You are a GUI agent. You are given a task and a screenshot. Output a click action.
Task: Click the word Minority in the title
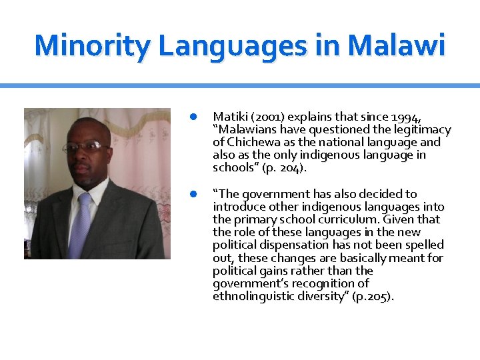coord(93,45)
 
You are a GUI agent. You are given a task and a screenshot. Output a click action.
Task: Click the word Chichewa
coord(253,142)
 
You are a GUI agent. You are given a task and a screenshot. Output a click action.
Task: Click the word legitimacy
coord(418,129)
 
